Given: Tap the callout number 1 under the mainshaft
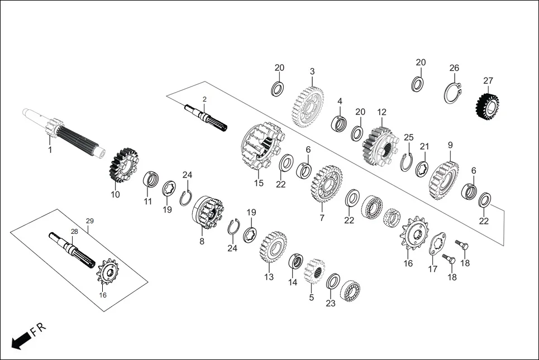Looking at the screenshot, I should coord(50,150).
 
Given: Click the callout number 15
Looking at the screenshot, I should coord(259,183).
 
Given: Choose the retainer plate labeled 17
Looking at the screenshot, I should coord(438,245).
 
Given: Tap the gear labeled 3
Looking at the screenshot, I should coord(308,104).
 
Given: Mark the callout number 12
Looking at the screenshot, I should coord(381,112).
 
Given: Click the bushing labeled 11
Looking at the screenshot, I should coord(150,180).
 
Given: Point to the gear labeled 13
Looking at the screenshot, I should coord(273,247).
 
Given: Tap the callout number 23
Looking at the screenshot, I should coord(331,303).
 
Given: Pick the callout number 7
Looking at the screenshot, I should coord(322,218).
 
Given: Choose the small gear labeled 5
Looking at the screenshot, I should coord(316,271).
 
